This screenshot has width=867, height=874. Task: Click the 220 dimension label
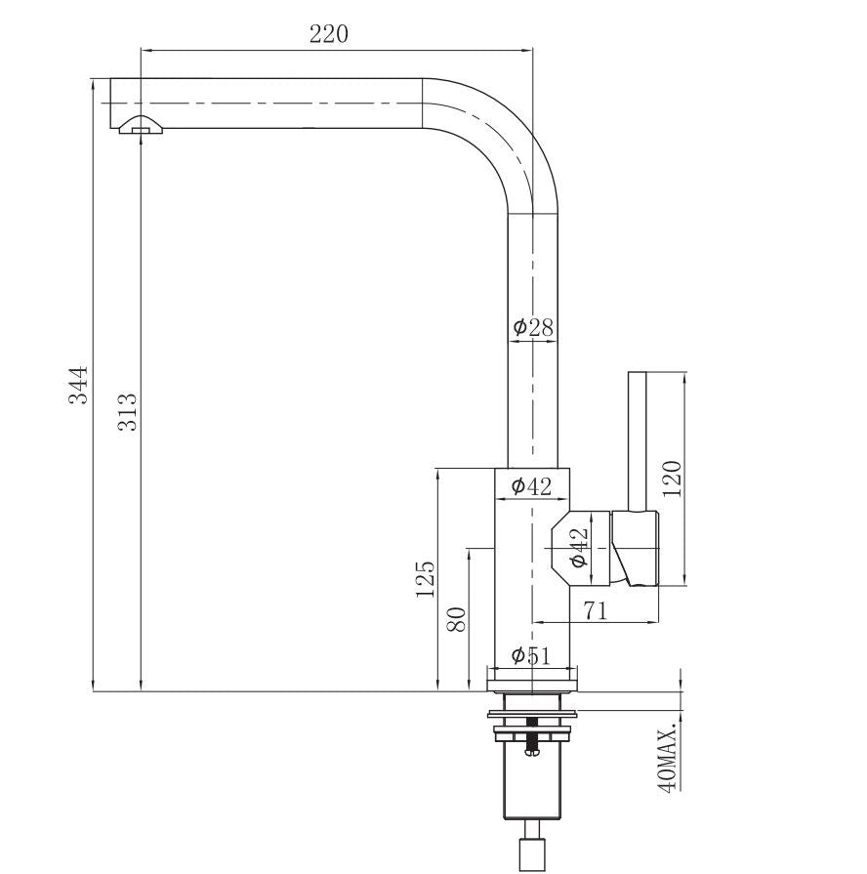pos(329,34)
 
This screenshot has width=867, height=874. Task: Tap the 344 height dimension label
pos(78,385)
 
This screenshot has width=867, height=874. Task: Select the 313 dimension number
pos(128,412)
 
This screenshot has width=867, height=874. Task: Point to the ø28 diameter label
pos(533,327)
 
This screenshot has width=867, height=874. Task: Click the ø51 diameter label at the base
pos(531,655)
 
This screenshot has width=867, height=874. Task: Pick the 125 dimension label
pos(425,579)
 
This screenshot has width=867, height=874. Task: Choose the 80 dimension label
pos(456,619)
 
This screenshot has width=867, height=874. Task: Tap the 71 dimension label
pos(596,611)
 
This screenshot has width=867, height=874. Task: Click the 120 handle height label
pos(672,479)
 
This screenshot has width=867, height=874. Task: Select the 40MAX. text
pos(668,756)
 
